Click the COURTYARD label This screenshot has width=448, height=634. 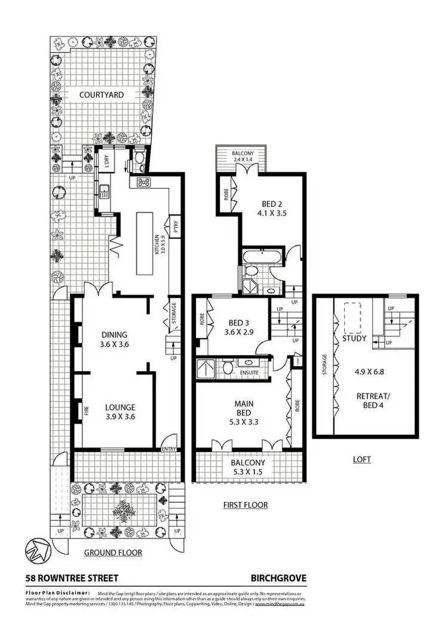coord(102,94)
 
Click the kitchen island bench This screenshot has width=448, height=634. coord(145,243)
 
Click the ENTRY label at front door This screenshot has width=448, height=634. coord(169,449)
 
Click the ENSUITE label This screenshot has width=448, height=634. coord(249,373)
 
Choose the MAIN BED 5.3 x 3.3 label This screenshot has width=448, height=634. coord(244,412)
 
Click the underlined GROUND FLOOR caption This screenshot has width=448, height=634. coord(113,553)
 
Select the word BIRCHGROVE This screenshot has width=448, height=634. coord(278,578)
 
